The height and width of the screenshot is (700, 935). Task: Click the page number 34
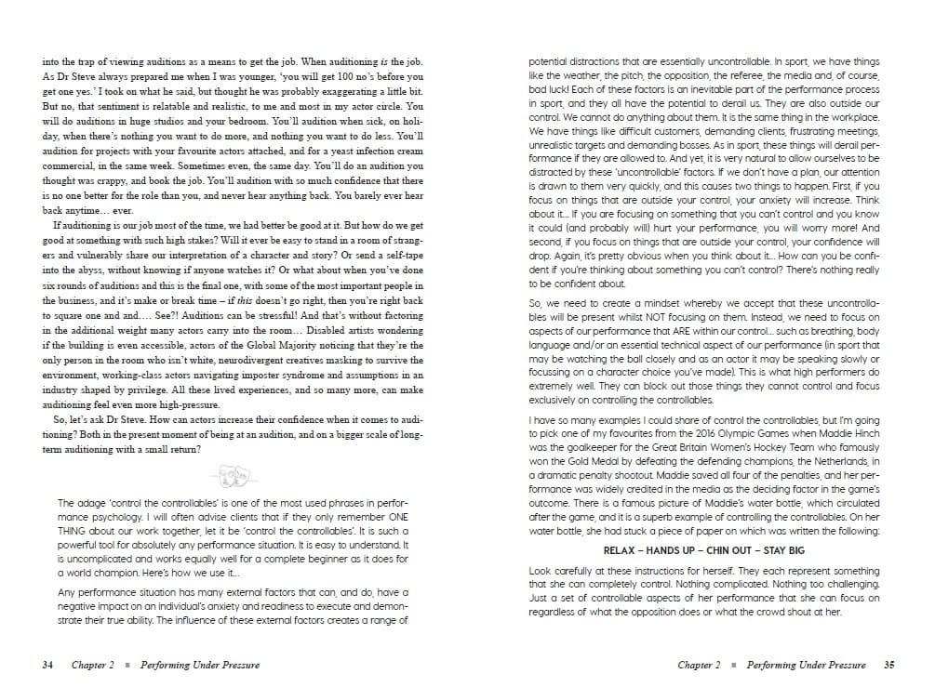(x=48, y=665)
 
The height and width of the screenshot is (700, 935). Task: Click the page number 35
(x=888, y=665)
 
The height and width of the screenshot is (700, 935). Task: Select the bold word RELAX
(x=620, y=550)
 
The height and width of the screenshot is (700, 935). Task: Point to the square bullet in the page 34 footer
(x=126, y=666)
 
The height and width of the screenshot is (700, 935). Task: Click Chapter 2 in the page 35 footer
(x=699, y=665)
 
